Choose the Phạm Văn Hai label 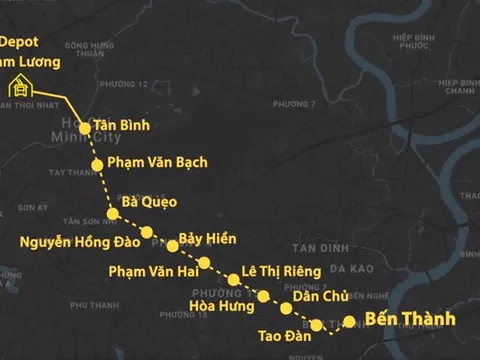coord(151,270)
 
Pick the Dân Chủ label coord(319,297)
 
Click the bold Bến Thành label coord(410,320)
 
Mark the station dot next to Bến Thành coord(349,321)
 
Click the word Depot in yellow coord(19,43)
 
